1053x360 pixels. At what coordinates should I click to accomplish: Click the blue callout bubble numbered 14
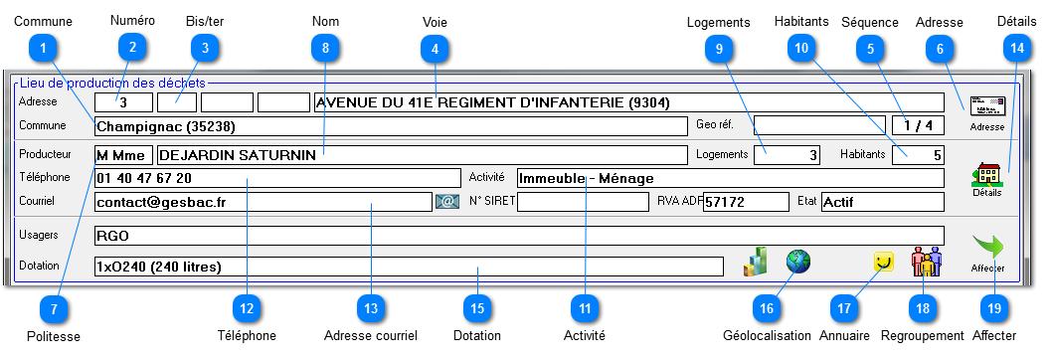point(1014,46)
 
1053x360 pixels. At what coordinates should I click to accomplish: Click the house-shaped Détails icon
point(987,175)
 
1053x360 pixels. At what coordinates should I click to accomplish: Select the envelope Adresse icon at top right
point(987,106)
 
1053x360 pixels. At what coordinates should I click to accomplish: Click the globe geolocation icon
point(798,262)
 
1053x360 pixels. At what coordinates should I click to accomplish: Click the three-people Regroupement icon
point(926,263)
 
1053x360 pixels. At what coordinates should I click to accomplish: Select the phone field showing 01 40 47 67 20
point(263,178)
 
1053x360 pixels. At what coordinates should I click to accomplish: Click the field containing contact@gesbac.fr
point(263,202)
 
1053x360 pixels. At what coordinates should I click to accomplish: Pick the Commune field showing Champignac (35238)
point(390,126)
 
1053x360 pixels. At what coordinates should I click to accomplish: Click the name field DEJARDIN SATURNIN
point(421,154)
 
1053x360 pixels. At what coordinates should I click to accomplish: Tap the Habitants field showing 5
point(918,154)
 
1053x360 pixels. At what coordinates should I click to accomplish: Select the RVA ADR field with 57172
point(745,202)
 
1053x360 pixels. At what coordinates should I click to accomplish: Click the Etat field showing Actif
point(881,202)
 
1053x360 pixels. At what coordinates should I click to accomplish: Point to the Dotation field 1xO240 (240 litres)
point(408,267)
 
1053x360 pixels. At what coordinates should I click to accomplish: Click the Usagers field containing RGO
point(517,237)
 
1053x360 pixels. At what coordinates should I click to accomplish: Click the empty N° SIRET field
point(583,202)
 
